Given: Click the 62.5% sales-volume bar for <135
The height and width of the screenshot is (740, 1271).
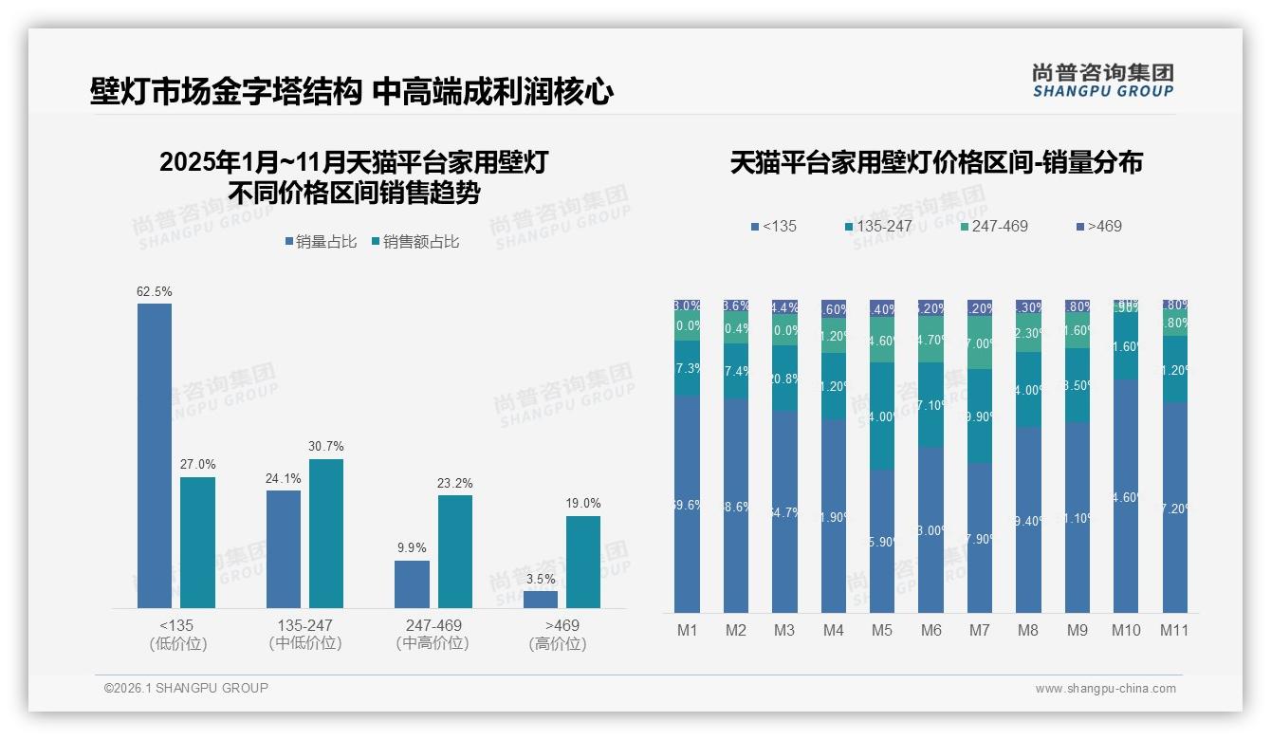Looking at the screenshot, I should click(155, 455).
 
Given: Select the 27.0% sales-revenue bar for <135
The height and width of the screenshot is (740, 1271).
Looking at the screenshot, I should click(197, 542).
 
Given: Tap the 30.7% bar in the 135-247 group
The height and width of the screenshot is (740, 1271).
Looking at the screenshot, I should click(326, 533).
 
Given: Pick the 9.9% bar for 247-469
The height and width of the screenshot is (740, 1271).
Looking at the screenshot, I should click(412, 583).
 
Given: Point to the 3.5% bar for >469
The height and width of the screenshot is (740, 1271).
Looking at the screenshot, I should click(541, 599).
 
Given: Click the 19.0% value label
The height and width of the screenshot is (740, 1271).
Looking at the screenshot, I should click(583, 504).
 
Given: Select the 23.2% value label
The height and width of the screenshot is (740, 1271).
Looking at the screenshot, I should click(455, 483).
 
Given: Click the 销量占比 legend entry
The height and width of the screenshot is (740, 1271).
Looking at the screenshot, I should click(321, 242).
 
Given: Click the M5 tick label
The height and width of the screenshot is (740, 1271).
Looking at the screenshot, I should click(882, 630).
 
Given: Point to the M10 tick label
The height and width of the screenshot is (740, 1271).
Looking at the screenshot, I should click(1126, 630).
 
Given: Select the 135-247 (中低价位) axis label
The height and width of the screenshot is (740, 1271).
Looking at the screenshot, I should click(304, 634).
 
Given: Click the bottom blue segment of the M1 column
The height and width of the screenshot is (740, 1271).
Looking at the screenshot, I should click(687, 504).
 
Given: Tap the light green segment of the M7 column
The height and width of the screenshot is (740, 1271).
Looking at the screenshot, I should click(980, 342).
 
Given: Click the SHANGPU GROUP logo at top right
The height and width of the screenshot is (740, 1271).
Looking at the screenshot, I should click(1102, 81).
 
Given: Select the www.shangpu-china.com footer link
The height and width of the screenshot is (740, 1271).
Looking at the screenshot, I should click(1105, 689).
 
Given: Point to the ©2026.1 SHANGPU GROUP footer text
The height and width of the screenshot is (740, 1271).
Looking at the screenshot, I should click(186, 688).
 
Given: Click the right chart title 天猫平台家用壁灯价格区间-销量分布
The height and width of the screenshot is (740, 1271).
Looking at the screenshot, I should click(936, 162).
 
